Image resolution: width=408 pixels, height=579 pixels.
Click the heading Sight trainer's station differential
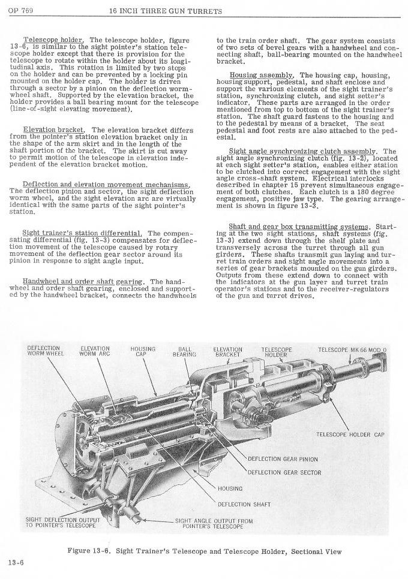click(x=82, y=233)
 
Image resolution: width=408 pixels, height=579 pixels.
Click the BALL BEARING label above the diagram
click(x=181, y=351)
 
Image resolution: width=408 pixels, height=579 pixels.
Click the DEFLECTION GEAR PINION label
click(x=283, y=460)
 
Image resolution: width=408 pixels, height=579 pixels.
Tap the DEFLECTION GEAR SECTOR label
click(x=284, y=472)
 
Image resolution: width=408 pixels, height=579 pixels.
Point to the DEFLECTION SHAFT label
click(x=244, y=504)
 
